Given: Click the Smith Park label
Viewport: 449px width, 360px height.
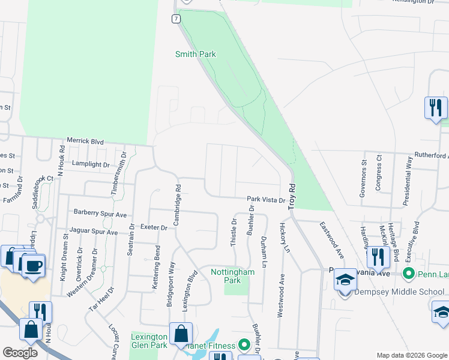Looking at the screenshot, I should pyautogui.click(x=195, y=54).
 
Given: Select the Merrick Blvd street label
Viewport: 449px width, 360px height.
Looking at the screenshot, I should pyautogui.click(x=85, y=142).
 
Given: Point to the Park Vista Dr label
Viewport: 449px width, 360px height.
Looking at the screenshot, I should pyautogui.click(x=265, y=199).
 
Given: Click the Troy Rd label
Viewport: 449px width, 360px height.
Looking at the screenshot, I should pyautogui.click(x=292, y=196).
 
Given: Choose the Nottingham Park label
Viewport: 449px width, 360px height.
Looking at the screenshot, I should pyautogui.click(x=233, y=276).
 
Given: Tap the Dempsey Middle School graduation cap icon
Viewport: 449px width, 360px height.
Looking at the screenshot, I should pyautogui.click(x=345, y=280).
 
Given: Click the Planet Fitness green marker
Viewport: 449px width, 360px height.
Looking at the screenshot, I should pyautogui.click(x=244, y=345).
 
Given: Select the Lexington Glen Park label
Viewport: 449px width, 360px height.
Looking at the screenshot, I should pyautogui.click(x=149, y=341).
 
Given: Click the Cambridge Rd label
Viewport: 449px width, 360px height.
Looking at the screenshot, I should pyautogui.click(x=178, y=205).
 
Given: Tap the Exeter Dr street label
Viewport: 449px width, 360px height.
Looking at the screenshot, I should pyautogui.click(x=154, y=227).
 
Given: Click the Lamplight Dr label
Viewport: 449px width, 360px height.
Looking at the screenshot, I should pyautogui.click(x=91, y=164).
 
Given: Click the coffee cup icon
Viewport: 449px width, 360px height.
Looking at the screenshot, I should pyautogui.click(x=34, y=265).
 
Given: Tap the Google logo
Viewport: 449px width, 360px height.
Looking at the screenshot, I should pyautogui.click(x=20, y=353).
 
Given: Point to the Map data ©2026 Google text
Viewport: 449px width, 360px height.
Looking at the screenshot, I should pyautogui.click(x=412, y=355).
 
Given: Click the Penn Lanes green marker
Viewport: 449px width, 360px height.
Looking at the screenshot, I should pyautogui.click(x=409, y=274).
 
